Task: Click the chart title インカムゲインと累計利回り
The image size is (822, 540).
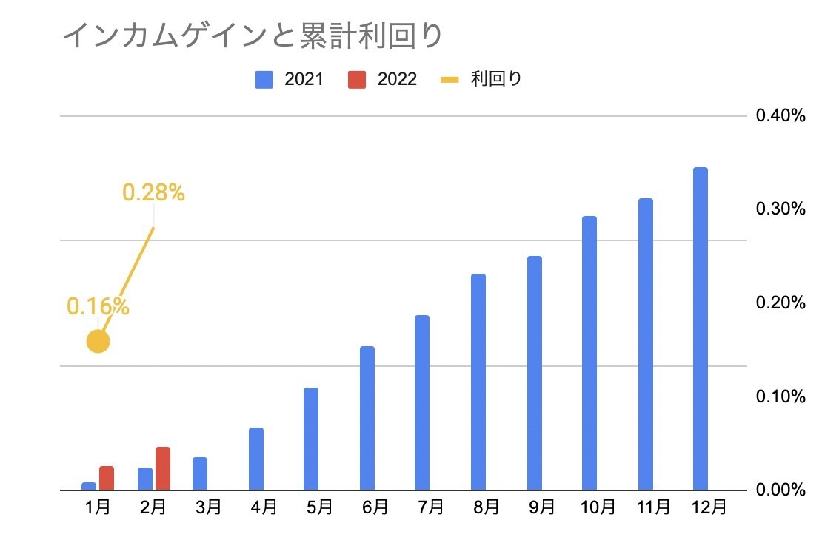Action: pos(252,35)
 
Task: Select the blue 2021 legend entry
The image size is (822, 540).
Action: pos(289,79)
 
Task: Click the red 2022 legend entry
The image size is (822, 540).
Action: pos(382,79)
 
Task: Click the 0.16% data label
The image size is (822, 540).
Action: pos(98,306)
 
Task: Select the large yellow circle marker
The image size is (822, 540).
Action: pos(98,341)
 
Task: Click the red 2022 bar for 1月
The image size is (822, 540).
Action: pos(107,478)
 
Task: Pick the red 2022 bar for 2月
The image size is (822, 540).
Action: pos(163,468)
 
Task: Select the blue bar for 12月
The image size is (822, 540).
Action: pos(700,328)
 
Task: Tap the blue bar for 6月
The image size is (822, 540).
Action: pos(367,418)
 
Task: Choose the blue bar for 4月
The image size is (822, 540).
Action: pos(256,459)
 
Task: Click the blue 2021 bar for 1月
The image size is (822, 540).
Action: pos(89,486)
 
